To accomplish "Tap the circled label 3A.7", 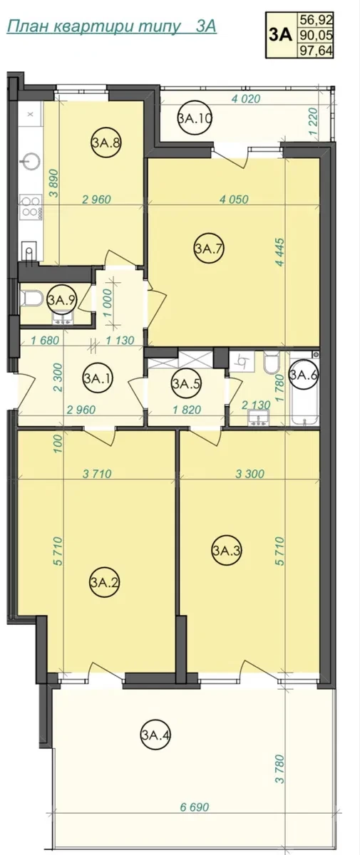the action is [x=208, y=249].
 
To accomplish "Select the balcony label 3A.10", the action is [x=195, y=118].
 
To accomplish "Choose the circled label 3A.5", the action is [x=186, y=383].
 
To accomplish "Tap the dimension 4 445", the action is [x=281, y=252].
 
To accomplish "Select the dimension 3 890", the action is [x=55, y=183].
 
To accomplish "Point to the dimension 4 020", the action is [x=246, y=99].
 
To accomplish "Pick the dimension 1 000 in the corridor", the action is [x=107, y=303].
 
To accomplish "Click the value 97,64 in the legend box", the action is [x=316, y=51].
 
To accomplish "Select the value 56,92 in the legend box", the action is [x=316, y=19].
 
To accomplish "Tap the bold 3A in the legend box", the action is [x=281, y=35].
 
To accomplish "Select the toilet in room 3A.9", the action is [x=31, y=299].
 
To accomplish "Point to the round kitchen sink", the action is [x=31, y=162].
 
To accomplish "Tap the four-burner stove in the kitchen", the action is [x=31, y=207].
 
